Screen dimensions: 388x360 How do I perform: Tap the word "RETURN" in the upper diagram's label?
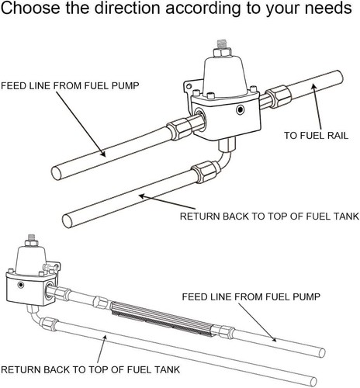[203, 216]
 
